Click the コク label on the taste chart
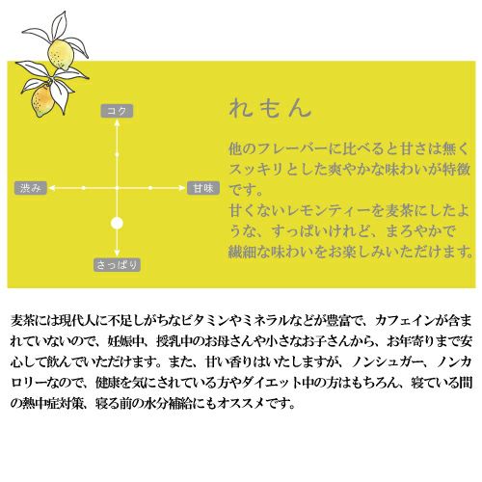(117, 111)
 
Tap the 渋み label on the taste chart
(31, 188)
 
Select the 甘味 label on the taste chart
(203, 188)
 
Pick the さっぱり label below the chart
(117, 265)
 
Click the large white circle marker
(117, 223)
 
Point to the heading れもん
(271, 108)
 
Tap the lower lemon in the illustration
(41, 99)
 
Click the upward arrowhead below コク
(117, 122)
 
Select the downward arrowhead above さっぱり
(117, 253)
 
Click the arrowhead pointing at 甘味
(182, 188)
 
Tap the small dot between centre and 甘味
(150, 188)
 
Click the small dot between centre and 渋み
(84, 188)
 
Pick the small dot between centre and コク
(117, 154)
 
